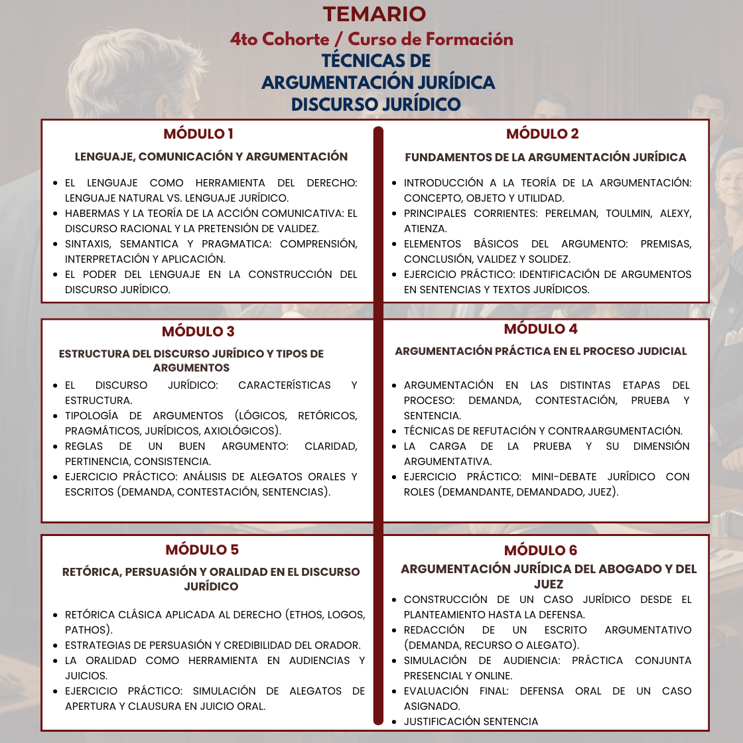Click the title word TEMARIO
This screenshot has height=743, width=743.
374,14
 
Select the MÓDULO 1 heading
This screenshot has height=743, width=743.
198,134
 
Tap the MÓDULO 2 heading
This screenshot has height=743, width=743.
542,134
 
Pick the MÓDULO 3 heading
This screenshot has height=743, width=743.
198,332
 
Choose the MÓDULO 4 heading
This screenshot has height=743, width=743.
541,329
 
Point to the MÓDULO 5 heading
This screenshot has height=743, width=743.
202,550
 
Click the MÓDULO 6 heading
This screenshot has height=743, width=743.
541,551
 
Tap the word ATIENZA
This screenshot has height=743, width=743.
425,229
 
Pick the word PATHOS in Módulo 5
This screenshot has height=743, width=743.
86,630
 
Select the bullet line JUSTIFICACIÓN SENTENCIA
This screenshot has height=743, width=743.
471,722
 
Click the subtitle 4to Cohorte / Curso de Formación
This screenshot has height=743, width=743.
371,39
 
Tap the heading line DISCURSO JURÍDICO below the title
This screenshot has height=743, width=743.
375,104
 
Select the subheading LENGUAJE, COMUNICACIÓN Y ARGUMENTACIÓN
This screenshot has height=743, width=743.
211,157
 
